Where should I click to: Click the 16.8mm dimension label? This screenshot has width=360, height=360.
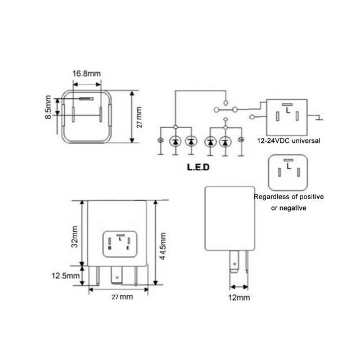pyautogui.click(x=87, y=74)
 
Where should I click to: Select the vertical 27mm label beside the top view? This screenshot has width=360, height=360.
pyautogui.click(x=139, y=116)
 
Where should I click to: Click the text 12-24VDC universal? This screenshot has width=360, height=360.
pyautogui.click(x=287, y=141)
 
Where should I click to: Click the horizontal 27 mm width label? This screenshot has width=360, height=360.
pyautogui.click(x=118, y=296)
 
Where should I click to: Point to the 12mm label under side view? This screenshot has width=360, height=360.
pyautogui.click(x=238, y=296)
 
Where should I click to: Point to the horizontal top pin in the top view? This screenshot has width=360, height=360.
pyautogui.click(x=87, y=98)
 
